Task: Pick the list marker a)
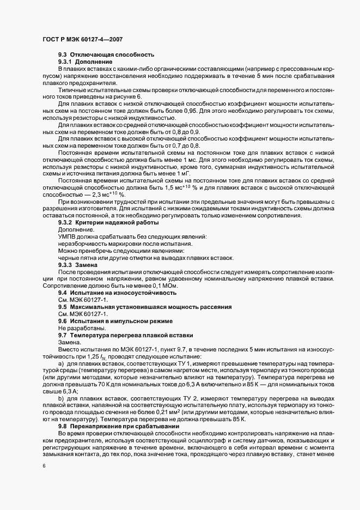pyautogui.click(x=62, y=363)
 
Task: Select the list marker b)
pyautogui.click(x=62, y=399)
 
